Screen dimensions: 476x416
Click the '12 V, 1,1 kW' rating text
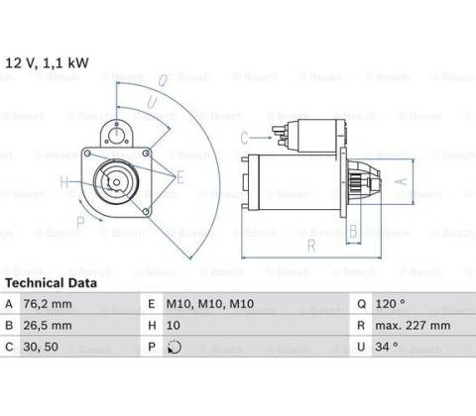[47, 62]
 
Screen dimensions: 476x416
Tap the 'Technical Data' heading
[52, 283]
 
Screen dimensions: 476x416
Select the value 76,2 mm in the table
[48, 304]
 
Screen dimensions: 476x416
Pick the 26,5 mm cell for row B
[48, 326]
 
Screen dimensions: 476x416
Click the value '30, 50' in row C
[41, 347]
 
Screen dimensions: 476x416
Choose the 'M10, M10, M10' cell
[210, 304]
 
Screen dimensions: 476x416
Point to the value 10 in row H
[174, 326]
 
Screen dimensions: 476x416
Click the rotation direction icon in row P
[175, 347]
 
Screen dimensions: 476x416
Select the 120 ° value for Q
[391, 303]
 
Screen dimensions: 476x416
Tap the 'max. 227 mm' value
[413, 326]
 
